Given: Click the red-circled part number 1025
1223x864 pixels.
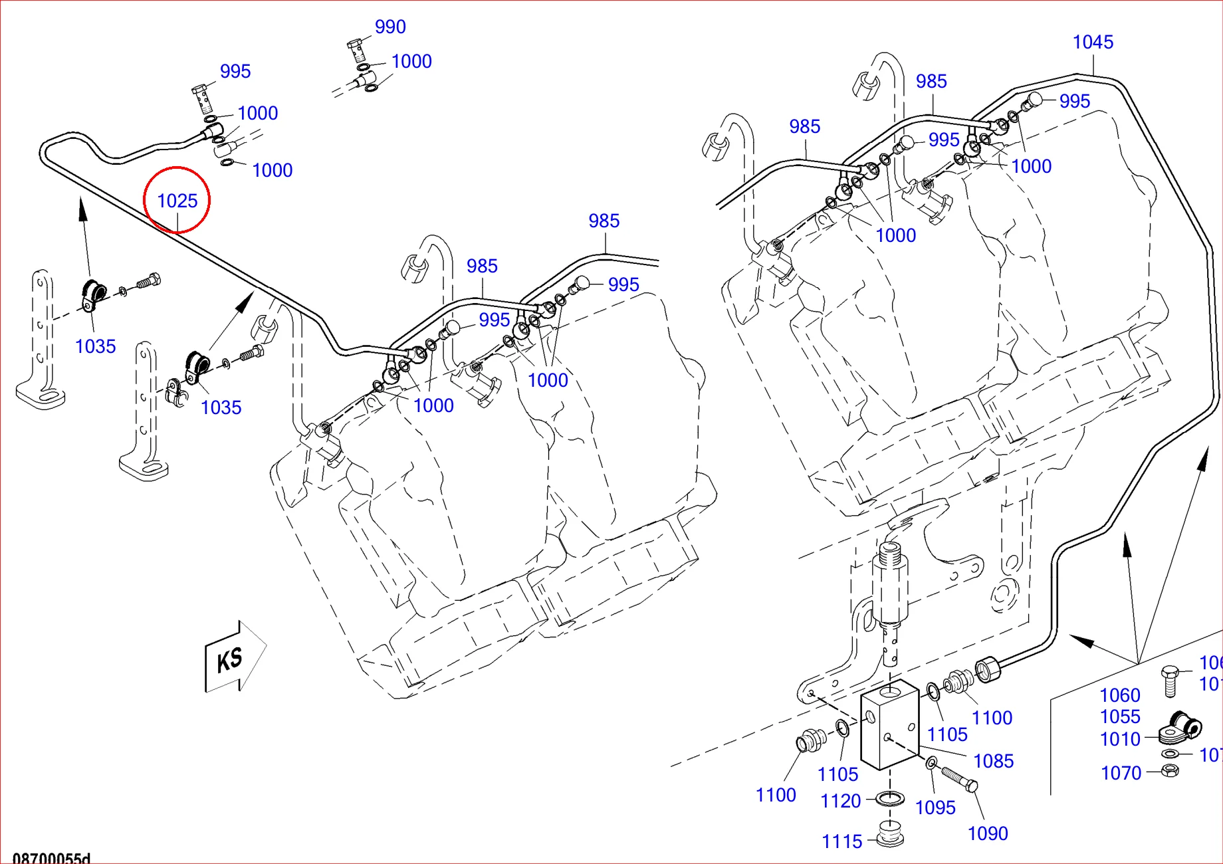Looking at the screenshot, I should coord(177,200).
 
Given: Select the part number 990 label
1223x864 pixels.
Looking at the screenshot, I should coord(390,27).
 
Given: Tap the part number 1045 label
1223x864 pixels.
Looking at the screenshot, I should coord(1093,42).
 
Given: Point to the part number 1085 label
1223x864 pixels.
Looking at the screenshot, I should coord(993,761).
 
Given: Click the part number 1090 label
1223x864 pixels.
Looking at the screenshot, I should coord(988,833).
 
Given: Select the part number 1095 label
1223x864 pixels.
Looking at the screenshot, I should coord(935,808).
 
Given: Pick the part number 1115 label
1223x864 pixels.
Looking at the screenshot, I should coord(841,841).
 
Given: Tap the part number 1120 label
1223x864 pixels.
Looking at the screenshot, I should coord(840,801).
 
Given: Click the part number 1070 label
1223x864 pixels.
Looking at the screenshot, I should coord(1121,773).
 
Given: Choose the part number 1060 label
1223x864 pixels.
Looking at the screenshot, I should coord(1120,695).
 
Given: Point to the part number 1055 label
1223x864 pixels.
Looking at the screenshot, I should coord(1120,716).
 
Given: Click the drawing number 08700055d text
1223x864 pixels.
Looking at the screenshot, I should coord(51,858).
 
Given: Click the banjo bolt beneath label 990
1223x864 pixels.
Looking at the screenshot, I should coord(358,50).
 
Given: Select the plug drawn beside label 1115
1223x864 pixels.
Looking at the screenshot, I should coord(889,835).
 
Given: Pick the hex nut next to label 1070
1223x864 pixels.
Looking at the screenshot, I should coord(1170,770).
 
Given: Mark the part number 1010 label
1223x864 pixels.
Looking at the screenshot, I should coord(1120,739).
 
